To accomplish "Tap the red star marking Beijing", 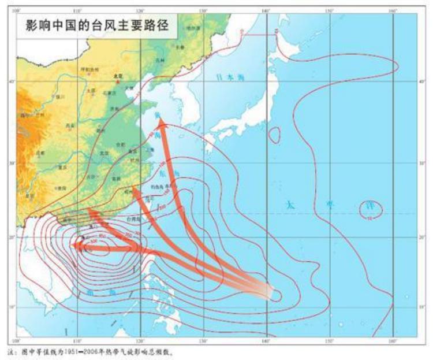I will pyautogui.click(x=118, y=81).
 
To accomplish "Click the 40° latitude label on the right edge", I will pyautogui.click(x=422, y=81).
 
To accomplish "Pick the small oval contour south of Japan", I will pyautogui.click(x=275, y=135).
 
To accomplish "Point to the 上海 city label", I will pyautogui.click(x=149, y=150).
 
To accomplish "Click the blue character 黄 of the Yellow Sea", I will pyautogui.click(x=158, y=114).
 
